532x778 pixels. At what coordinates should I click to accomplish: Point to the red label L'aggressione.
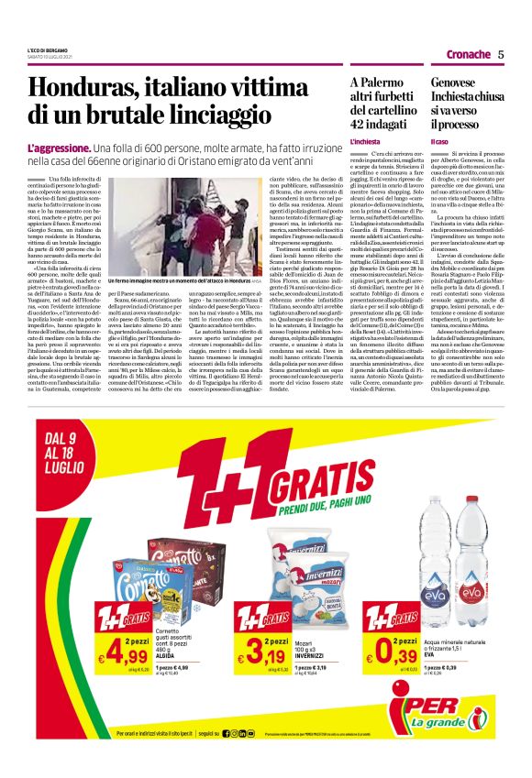(x=61, y=148)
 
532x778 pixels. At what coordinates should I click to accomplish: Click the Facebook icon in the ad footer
(x=229, y=759)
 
